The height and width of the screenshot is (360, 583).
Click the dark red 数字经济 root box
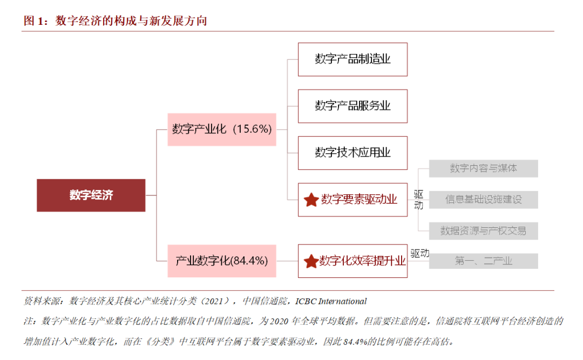(91, 195)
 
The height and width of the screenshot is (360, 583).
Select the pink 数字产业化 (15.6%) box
(221, 130)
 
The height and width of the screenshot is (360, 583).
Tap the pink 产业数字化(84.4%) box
(221, 261)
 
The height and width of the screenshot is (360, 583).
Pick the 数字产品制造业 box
(352, 59)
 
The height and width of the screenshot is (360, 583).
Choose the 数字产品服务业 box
(352, 106)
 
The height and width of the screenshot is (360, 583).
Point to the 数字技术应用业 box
(352, 153)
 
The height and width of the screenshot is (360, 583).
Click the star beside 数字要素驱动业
(311, 200)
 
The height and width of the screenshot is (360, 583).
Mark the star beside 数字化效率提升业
(310, 262)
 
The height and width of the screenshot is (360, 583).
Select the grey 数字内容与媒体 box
(483, 168)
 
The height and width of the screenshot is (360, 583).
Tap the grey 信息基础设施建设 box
(483, 200)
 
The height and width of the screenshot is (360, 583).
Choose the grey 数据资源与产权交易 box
(483, 231)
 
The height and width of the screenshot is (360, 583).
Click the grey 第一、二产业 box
(483, 261)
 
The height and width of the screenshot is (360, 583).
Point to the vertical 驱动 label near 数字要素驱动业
(418, 199)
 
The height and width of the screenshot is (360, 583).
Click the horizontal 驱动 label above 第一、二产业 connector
(419, 253)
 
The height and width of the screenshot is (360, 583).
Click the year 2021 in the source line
(216, 301)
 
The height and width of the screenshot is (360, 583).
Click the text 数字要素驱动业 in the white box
(359, 200)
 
